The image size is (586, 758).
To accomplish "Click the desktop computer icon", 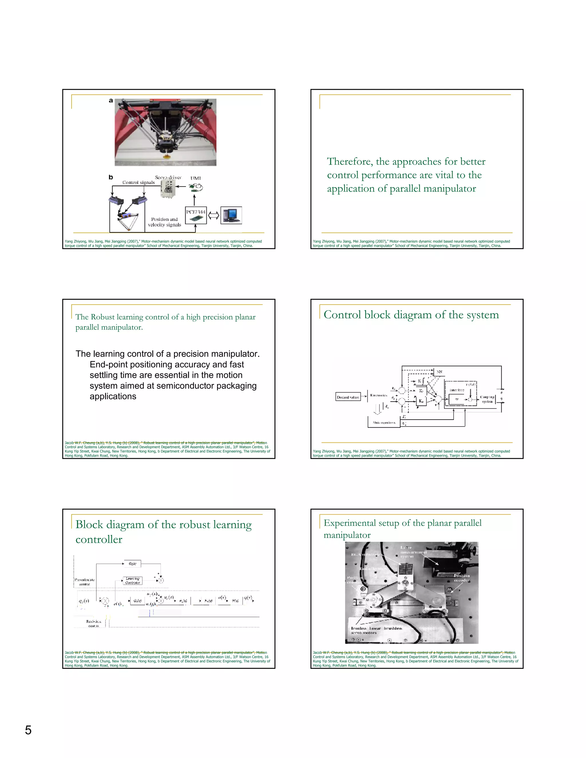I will (231, 215).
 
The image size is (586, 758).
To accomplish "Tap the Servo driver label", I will (168, 177).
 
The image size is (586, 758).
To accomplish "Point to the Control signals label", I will (138, 182).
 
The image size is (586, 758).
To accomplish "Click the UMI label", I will (195, 178).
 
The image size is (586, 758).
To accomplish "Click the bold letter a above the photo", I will (111, 101).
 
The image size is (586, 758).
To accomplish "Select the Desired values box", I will (348, 397).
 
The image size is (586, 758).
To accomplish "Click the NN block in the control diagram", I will (439, 372).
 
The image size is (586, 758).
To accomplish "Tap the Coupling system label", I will (487, 399).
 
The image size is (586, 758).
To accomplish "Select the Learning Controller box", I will (132, 581).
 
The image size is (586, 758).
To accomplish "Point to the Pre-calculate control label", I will (84, 582).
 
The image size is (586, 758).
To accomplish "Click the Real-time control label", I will (93, 623).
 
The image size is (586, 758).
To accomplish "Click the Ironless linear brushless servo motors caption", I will (376, 630).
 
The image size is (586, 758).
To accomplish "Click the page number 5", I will (28, 730).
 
